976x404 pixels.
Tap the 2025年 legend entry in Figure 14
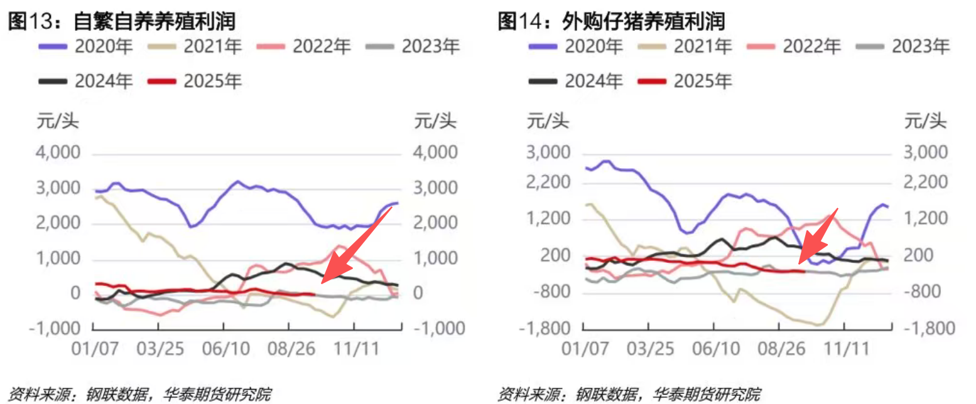point(685,81)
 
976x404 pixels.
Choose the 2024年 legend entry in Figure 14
point(575,81)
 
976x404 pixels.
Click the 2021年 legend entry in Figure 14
point(685,46)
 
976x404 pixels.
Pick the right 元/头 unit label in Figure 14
point(926,120)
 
